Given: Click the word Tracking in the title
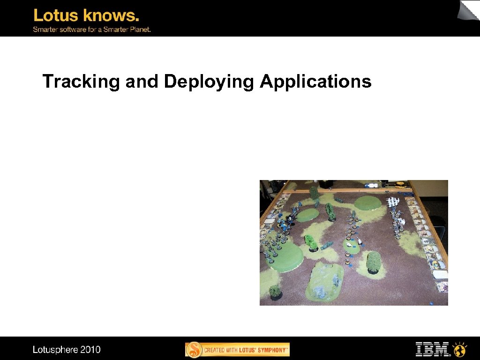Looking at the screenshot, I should (82, 82).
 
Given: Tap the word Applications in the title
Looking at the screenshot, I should (315, 82).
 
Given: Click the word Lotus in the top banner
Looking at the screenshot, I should (56, 16).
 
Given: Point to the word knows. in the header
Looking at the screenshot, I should (111, 16).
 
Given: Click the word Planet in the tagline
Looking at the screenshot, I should (137, 29).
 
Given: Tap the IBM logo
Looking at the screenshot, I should (432, 349).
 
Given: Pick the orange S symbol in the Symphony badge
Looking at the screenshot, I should (194, 350).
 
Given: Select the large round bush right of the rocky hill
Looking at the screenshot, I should (374, 262).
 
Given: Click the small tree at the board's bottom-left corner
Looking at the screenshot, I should (275, 292).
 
